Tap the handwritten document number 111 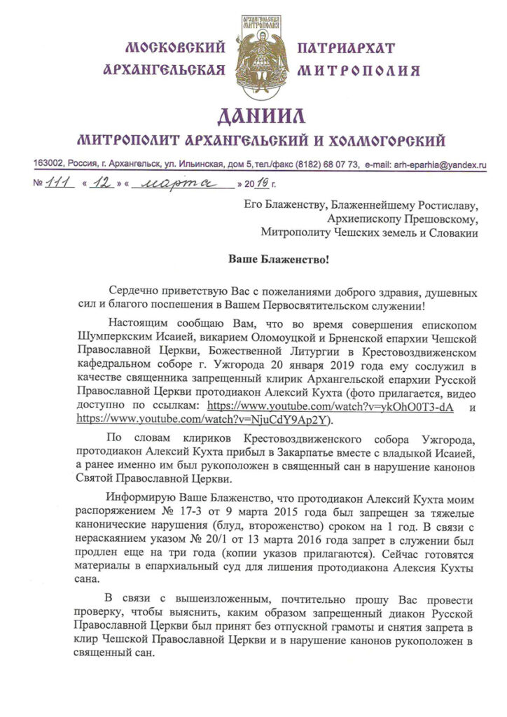(60, 183)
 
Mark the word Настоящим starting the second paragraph (137, 326)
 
